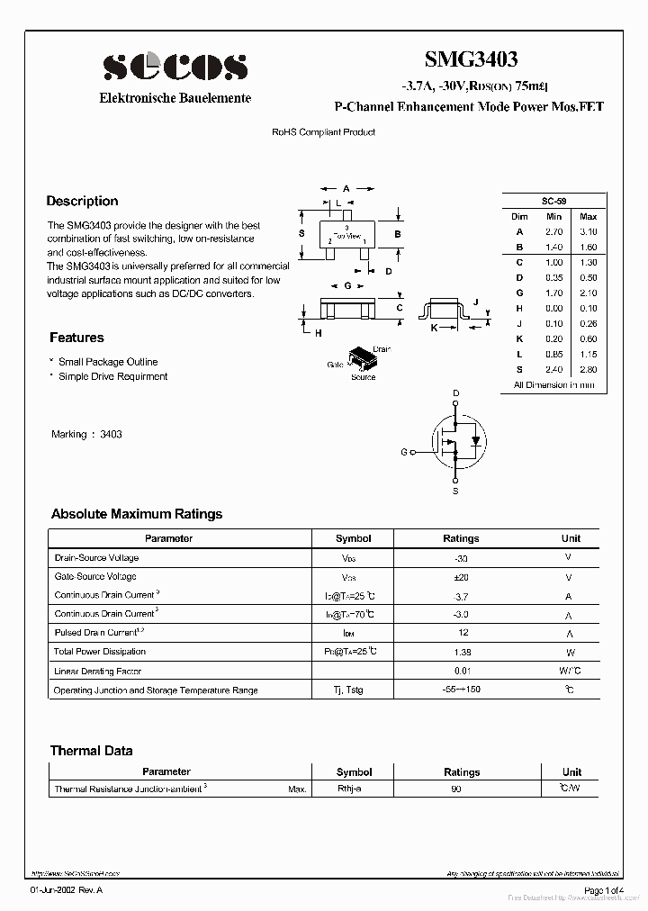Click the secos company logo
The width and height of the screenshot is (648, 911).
point(175,67)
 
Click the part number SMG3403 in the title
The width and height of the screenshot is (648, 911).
point(471,60)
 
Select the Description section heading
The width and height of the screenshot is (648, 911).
point(82,201)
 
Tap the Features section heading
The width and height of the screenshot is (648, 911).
point(76,338)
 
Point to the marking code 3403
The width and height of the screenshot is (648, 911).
point(111,434)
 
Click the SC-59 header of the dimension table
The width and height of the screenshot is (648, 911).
point(553,201)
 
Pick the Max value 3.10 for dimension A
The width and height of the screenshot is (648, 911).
point(588,231)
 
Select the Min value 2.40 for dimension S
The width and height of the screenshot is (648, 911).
point(553,369)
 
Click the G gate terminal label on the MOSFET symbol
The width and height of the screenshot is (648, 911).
point(404,452)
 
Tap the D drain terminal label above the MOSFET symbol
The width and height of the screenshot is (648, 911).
point(455,393)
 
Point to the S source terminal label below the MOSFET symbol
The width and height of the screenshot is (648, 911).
point(455,492)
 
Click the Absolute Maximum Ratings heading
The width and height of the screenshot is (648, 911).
point(137,514)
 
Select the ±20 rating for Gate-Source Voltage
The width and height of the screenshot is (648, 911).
point(461,576)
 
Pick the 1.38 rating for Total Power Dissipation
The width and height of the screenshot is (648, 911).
point(461,652)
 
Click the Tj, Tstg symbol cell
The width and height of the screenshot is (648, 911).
point(353,690)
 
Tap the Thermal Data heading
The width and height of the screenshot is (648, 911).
point(91,751)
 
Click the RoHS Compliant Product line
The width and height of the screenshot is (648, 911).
point(323,132)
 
